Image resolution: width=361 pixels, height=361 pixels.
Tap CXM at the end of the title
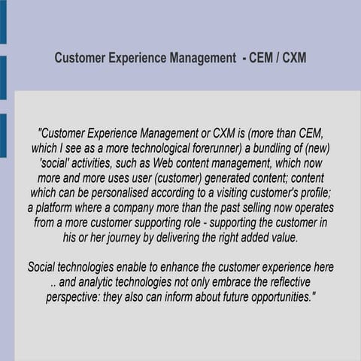coord(293,58)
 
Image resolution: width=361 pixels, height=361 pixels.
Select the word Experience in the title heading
coord(140,58)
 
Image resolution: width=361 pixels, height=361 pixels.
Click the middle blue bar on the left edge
coord(3,77)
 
